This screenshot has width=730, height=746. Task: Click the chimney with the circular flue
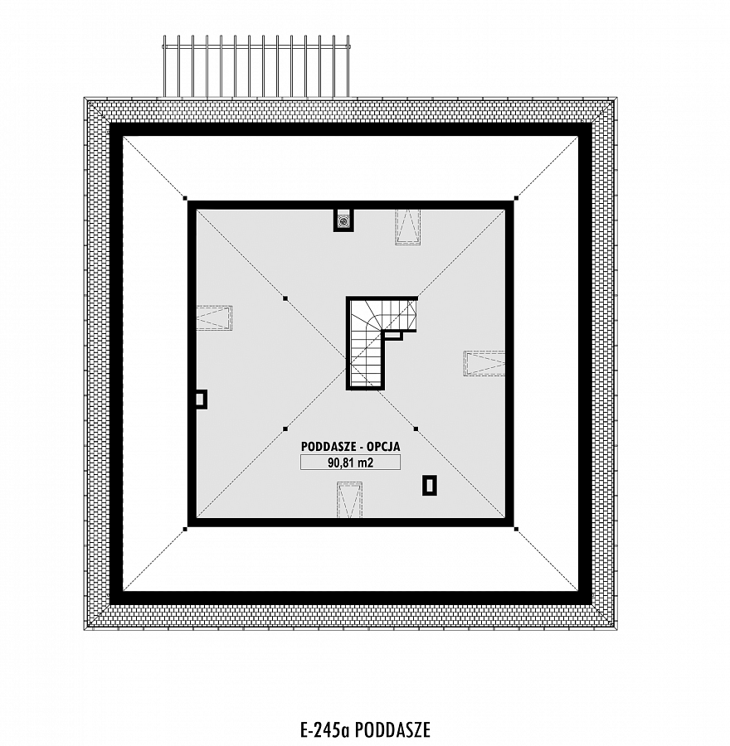click(343, 220)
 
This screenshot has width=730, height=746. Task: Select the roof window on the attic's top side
click(407, 226)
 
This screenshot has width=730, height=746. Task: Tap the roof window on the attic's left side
click(214, 317)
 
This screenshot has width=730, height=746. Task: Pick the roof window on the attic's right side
click(484, 364)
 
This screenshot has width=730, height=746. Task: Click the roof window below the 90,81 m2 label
click(349, 500)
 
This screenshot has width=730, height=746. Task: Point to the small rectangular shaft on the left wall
click(201, 399)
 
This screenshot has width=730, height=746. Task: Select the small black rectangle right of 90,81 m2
click(430, 485)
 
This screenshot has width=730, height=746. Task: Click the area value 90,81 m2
click(350, 463)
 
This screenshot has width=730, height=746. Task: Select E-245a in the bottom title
click(326, 729)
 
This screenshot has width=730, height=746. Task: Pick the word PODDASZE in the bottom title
click(393, 729)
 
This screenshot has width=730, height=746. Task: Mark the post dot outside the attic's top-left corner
click(185, 198)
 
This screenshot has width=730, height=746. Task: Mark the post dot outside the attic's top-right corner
click(516, 198)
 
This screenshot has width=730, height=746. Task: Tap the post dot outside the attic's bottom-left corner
click(185, 528)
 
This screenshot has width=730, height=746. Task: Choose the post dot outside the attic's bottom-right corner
click(516, 528)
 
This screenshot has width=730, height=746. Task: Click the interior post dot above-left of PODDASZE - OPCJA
click(285, 429)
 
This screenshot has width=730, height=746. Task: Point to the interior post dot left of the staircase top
click(285, 298)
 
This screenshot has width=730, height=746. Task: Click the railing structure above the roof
click(256, 65)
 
